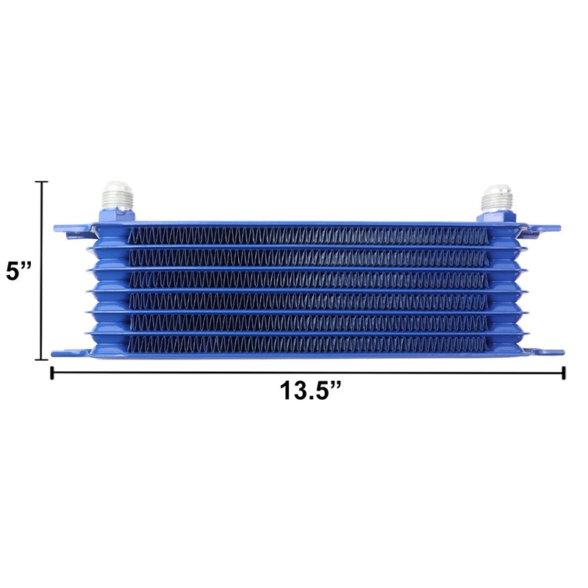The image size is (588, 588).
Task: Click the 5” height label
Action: click(x=19, y=270)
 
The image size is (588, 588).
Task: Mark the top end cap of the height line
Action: click(x=42, y=182)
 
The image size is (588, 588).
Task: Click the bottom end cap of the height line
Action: click(x=42, y=359)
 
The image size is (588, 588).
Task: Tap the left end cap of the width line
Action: click(x=51, y=373)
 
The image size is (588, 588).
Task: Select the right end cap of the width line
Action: click(x=564, y=373)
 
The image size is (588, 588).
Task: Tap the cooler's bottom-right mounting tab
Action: click(x=548, y=353)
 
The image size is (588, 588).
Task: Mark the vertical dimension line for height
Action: click(x=42, y=309)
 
